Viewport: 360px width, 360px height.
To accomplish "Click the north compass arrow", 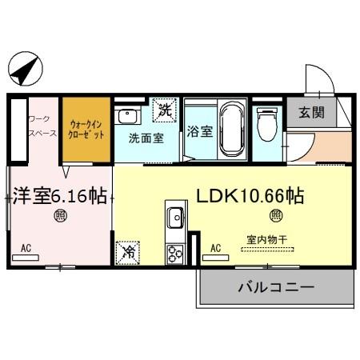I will (x=24, y=71).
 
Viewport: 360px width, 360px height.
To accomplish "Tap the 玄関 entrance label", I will (x=311, y=113).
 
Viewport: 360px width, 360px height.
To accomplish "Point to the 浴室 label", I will (x=200, y=131).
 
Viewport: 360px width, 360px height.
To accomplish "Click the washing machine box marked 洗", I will (x=164, y=107).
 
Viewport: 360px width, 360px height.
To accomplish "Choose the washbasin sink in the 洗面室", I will (x=127, y=117).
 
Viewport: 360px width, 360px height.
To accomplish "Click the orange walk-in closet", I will (x=86, y=129).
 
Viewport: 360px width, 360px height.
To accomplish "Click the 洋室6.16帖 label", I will (x=60, y=196).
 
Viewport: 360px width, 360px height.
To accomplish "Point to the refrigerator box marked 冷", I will (x=128, y=251).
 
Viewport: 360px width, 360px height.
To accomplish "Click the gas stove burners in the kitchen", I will (x=174, y=253).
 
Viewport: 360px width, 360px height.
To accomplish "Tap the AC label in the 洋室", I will (x=26, y=248).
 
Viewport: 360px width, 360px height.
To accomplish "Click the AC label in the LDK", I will (x=214, y=248).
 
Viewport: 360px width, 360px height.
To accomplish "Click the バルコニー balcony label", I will (x=275, y=287).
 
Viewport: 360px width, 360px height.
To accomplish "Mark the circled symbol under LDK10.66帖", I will (x=274, y=214).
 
